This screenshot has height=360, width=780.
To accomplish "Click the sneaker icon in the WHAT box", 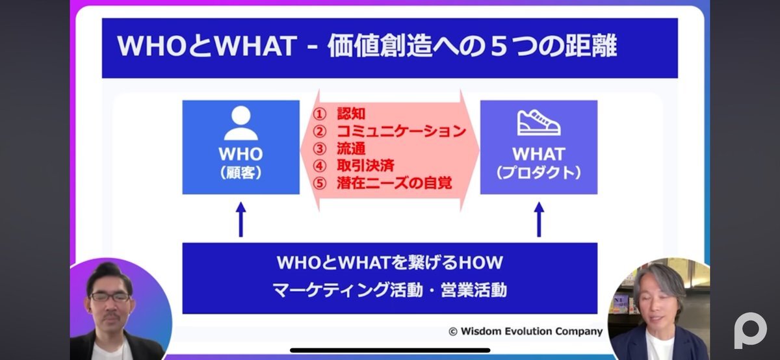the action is pyautogui.click(x=539, y=123).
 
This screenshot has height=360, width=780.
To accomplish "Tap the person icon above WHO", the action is pyautogui.click(x=241, y=123).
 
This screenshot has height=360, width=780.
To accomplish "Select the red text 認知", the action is pyautogui.click(x=351, y=114).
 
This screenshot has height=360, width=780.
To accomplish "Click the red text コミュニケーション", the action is pyautogui.click(x=402, y=131).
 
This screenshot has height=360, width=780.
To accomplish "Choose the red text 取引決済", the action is pyautogui.click(x=365, y=165).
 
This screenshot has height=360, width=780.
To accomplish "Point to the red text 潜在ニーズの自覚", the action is pyautogui.click(x=394, y=183).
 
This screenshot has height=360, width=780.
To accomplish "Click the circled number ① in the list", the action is pyautogui.click(x=319, y=114).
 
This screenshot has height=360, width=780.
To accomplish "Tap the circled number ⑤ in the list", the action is pyautogui.click(x=319, y=183).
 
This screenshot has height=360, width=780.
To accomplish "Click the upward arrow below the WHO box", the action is pyautogui.click(x=240, y=220).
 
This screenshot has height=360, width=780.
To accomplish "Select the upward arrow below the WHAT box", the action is pyautogui.click(x=539, y=220).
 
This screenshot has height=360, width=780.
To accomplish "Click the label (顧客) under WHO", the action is pyautogui.click(x=241, y=173).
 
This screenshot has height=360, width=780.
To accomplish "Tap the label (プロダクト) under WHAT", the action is pyautogui.click(x=539, y=173).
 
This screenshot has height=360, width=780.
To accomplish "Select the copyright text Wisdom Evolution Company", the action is pyautogui.click(x=532, y=331).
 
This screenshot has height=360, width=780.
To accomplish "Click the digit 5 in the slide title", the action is pyautogui.click(x=499, y=47).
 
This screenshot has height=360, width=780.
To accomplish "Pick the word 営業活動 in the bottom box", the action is pyautogui.click(x=474, y=290).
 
